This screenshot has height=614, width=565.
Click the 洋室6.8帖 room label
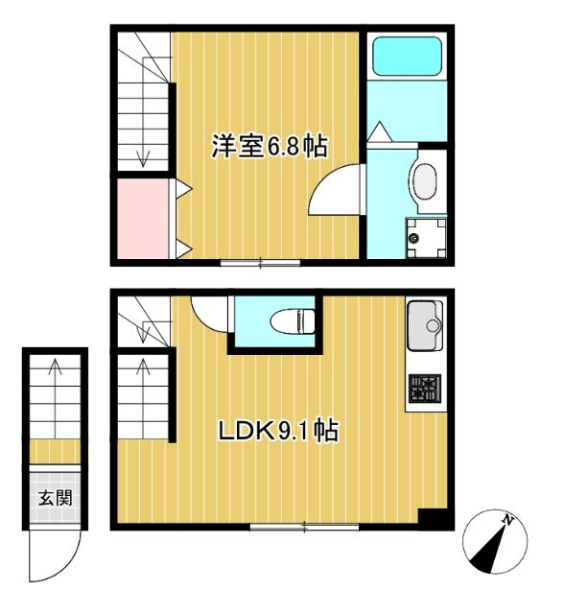click(270, 147)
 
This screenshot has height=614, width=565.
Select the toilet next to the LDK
click(288, 319)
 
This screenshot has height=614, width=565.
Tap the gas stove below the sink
click(425, 389)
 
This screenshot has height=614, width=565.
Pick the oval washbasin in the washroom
click(424, 180)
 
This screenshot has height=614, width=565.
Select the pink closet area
click(142, 218)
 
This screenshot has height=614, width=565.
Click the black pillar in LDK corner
click(434, 516)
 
